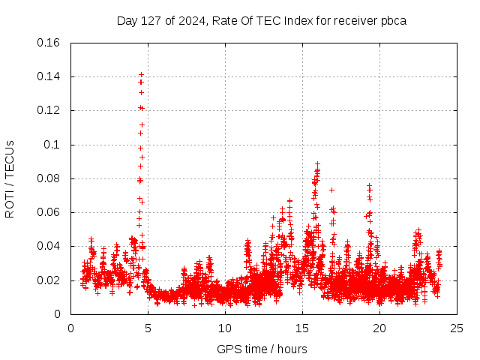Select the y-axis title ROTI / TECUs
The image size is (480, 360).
point(10,179)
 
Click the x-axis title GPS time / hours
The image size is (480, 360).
point(262,349)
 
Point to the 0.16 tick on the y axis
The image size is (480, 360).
point(50,43)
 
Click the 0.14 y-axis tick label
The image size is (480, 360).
point(50,76)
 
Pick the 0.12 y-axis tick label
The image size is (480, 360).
point(50,110)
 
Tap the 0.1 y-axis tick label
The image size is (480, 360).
point(53,145)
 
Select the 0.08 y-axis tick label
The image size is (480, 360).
point(50,178)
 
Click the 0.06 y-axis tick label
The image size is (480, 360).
point(50,212)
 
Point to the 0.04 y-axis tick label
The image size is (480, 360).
point(50,246)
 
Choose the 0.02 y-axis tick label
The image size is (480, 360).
point(50,280)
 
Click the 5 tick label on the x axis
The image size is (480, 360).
point(148,328)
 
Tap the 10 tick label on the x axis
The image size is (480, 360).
point(225,328)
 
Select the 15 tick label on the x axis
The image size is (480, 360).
point(302,328)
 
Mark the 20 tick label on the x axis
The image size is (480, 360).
point(379,328)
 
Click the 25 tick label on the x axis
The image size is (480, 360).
point(457,328)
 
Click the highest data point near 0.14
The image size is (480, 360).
point(141,75)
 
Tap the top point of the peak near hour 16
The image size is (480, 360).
point(317,163)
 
